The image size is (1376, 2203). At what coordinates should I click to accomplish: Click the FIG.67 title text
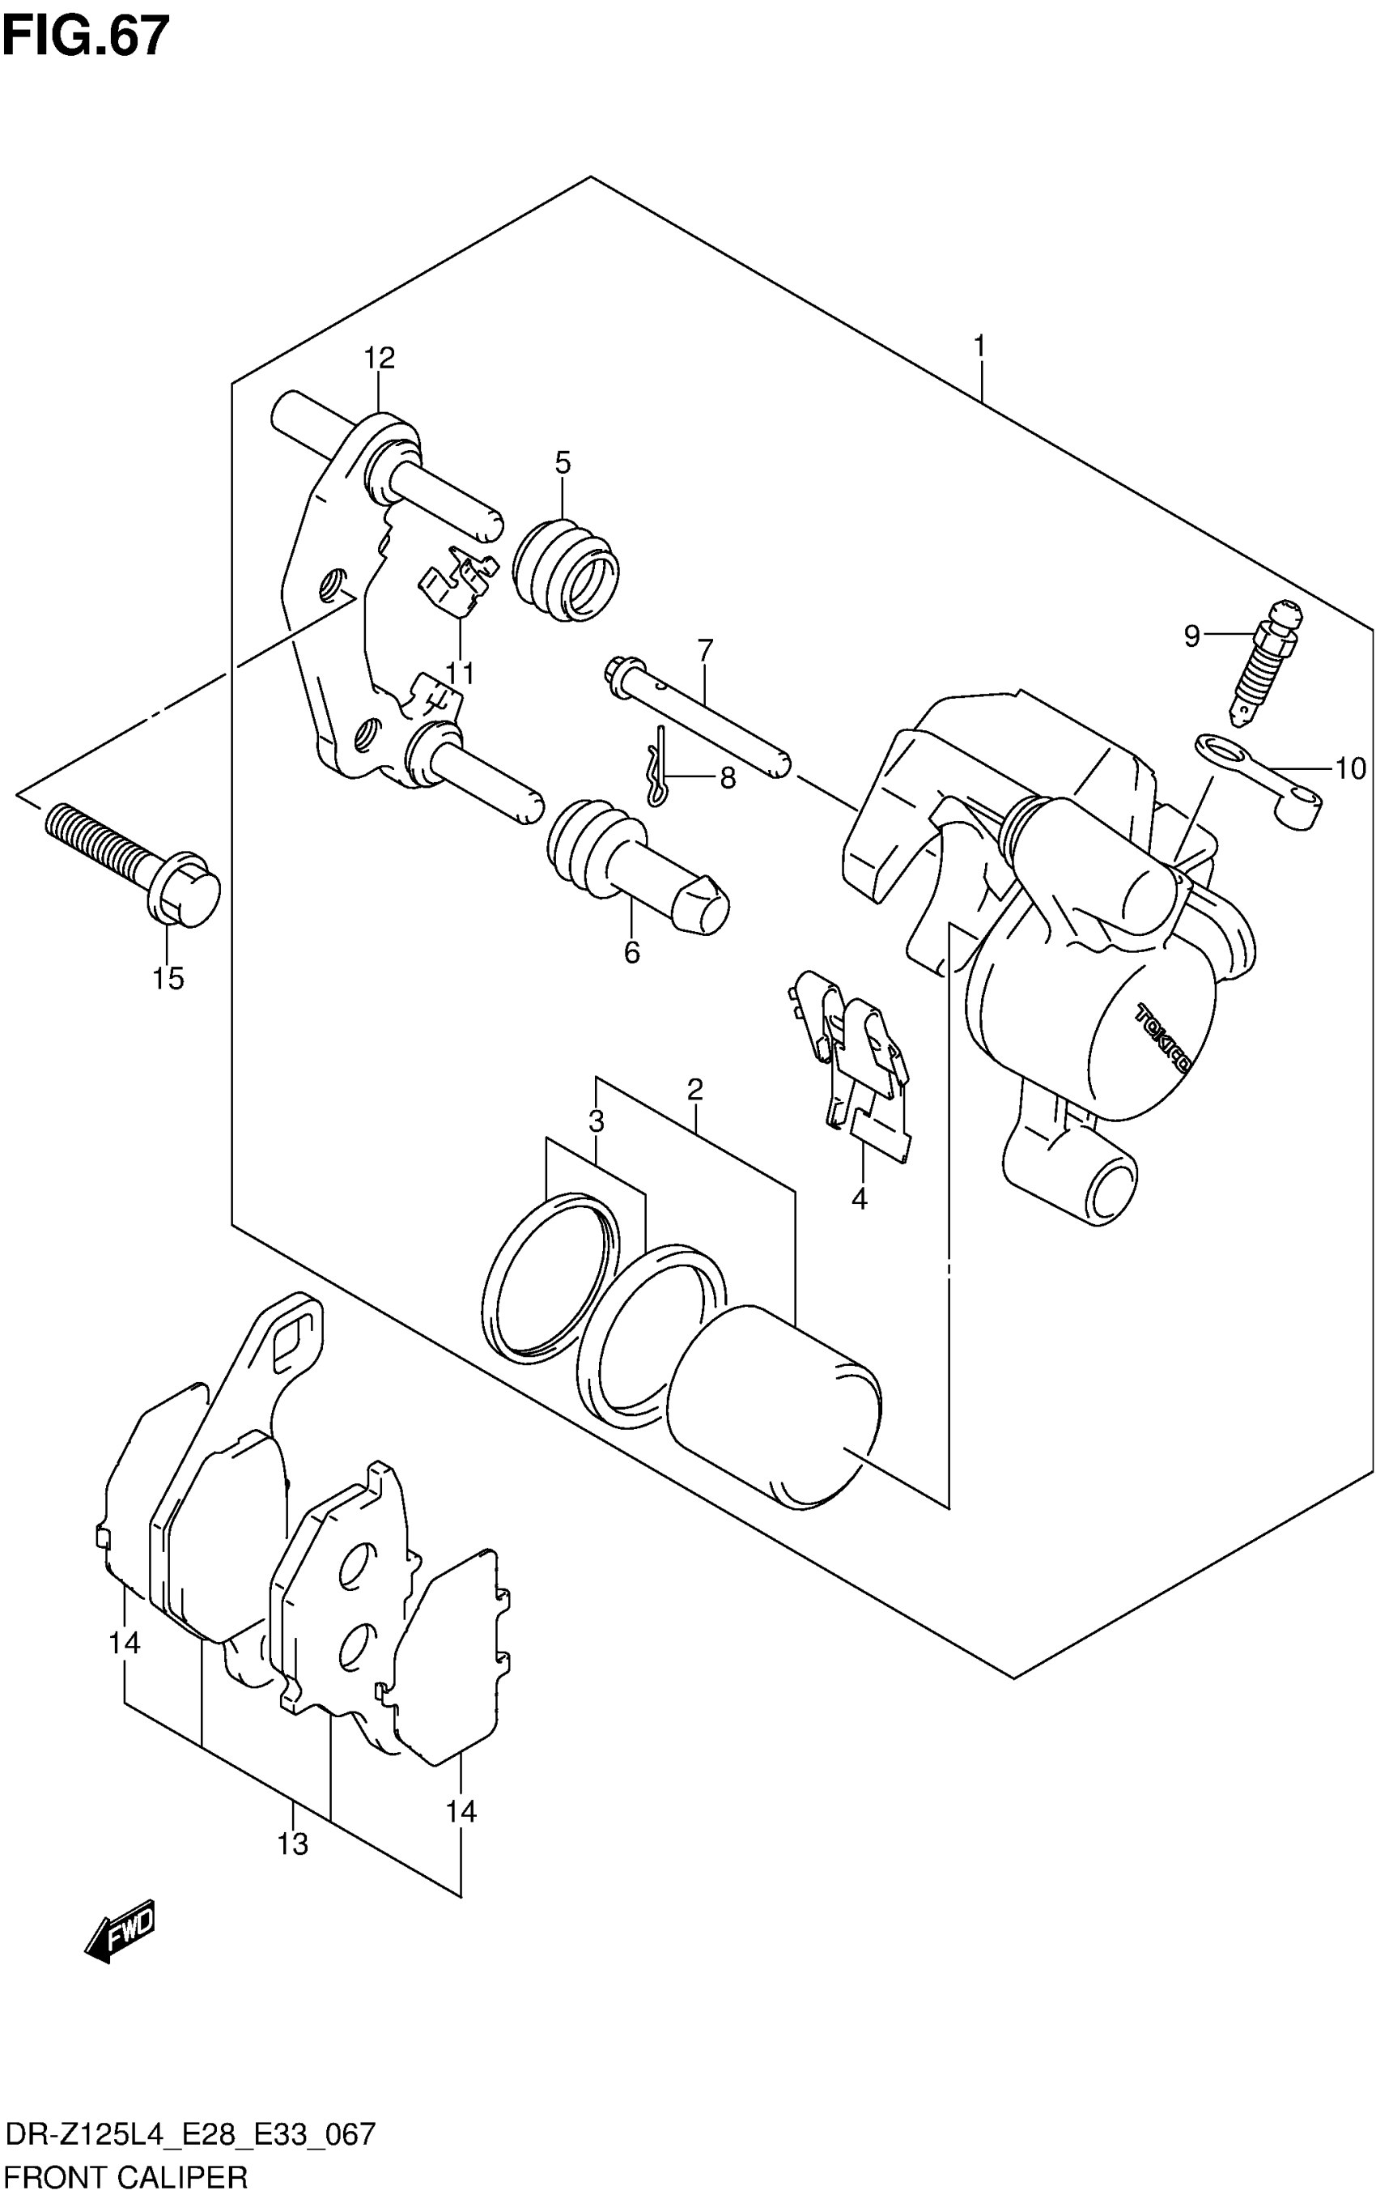click(87, 36)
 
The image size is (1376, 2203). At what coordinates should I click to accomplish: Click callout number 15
click(168, 979)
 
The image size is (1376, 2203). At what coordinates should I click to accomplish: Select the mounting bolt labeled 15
click(132, 855)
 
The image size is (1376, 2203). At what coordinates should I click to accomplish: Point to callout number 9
click(1191, 636)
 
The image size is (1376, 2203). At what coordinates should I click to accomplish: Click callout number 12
click(380, 358)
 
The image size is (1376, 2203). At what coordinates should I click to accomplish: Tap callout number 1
click(979, 346)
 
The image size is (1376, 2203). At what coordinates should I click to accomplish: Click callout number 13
click(293, 1844)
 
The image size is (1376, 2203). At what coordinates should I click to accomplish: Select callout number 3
click(596, 1121)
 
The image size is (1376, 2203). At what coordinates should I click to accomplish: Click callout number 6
click(631, 952)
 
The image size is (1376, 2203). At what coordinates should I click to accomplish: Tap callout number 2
click(695, 1089)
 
